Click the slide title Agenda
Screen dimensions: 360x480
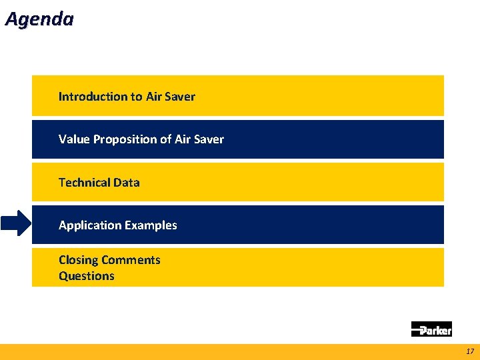[39, 19]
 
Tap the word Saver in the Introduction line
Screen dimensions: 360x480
[180, 97]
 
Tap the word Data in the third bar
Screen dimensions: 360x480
[127, 183]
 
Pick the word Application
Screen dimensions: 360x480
[87, 225]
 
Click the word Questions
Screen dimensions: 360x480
[87, 276]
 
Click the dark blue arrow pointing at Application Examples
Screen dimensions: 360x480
[15, 224]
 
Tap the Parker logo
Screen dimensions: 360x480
[431, 329]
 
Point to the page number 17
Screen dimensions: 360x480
[470, 351]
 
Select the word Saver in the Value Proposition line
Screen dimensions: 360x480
[209, 139]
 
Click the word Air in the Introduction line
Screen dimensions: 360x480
[154, 97]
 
